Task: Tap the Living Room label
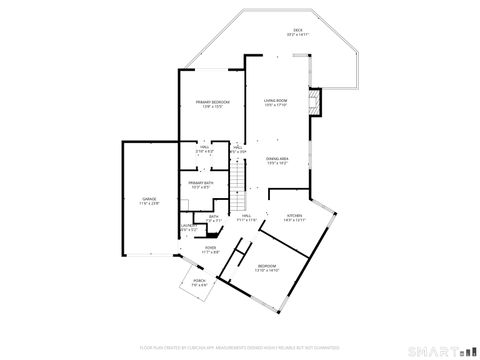tap(276, 101)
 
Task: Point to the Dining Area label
tap(278, 159)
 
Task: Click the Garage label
tap(149, 200)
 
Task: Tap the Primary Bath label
tap(200, 183)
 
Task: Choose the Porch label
tap(198, 282)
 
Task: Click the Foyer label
tap(210, 248)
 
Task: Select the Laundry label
tap(187, 226)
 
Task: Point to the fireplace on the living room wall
tap(316, 102)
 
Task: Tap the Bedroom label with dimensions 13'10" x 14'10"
tap(266, 266)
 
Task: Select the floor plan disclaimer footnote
tap(240, 347)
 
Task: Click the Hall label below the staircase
tap(246, 216)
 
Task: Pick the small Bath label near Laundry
tap(213, 216)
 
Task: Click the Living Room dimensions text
tap(276, 105)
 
